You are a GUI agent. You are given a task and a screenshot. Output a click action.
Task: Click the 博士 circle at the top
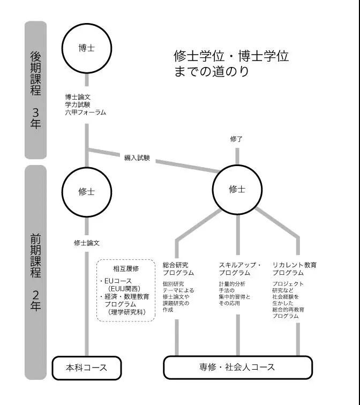coord(86,48)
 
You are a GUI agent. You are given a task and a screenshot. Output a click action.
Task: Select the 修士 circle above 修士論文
coord(86,192)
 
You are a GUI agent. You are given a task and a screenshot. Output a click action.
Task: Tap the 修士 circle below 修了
coord(237,189)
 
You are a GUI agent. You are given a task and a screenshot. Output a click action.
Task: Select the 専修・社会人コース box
coord(237,367)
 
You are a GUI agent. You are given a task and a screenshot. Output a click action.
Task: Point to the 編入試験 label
coord(137,158)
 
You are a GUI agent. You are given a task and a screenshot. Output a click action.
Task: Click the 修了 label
coord(236,139)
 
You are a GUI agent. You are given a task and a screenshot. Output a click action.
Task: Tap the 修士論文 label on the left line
coord(86,243)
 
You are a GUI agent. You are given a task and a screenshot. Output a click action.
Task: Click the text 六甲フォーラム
coord(86,112)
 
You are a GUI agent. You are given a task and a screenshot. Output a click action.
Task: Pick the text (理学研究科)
coord(126,312)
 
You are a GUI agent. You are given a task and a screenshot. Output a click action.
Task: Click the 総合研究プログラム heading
coord(178,269)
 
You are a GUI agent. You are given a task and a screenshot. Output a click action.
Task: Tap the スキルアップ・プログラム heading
coord(240,269)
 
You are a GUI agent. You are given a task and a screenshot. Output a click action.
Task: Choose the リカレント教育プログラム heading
coord(295,269)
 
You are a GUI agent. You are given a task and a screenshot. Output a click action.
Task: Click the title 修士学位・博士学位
coord(231,56)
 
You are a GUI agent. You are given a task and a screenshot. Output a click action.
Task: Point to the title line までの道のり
coord(212,72)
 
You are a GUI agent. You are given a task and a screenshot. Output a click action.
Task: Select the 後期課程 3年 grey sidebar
coord(35,89)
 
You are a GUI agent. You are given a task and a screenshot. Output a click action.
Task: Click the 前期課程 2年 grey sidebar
coord(35,272)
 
